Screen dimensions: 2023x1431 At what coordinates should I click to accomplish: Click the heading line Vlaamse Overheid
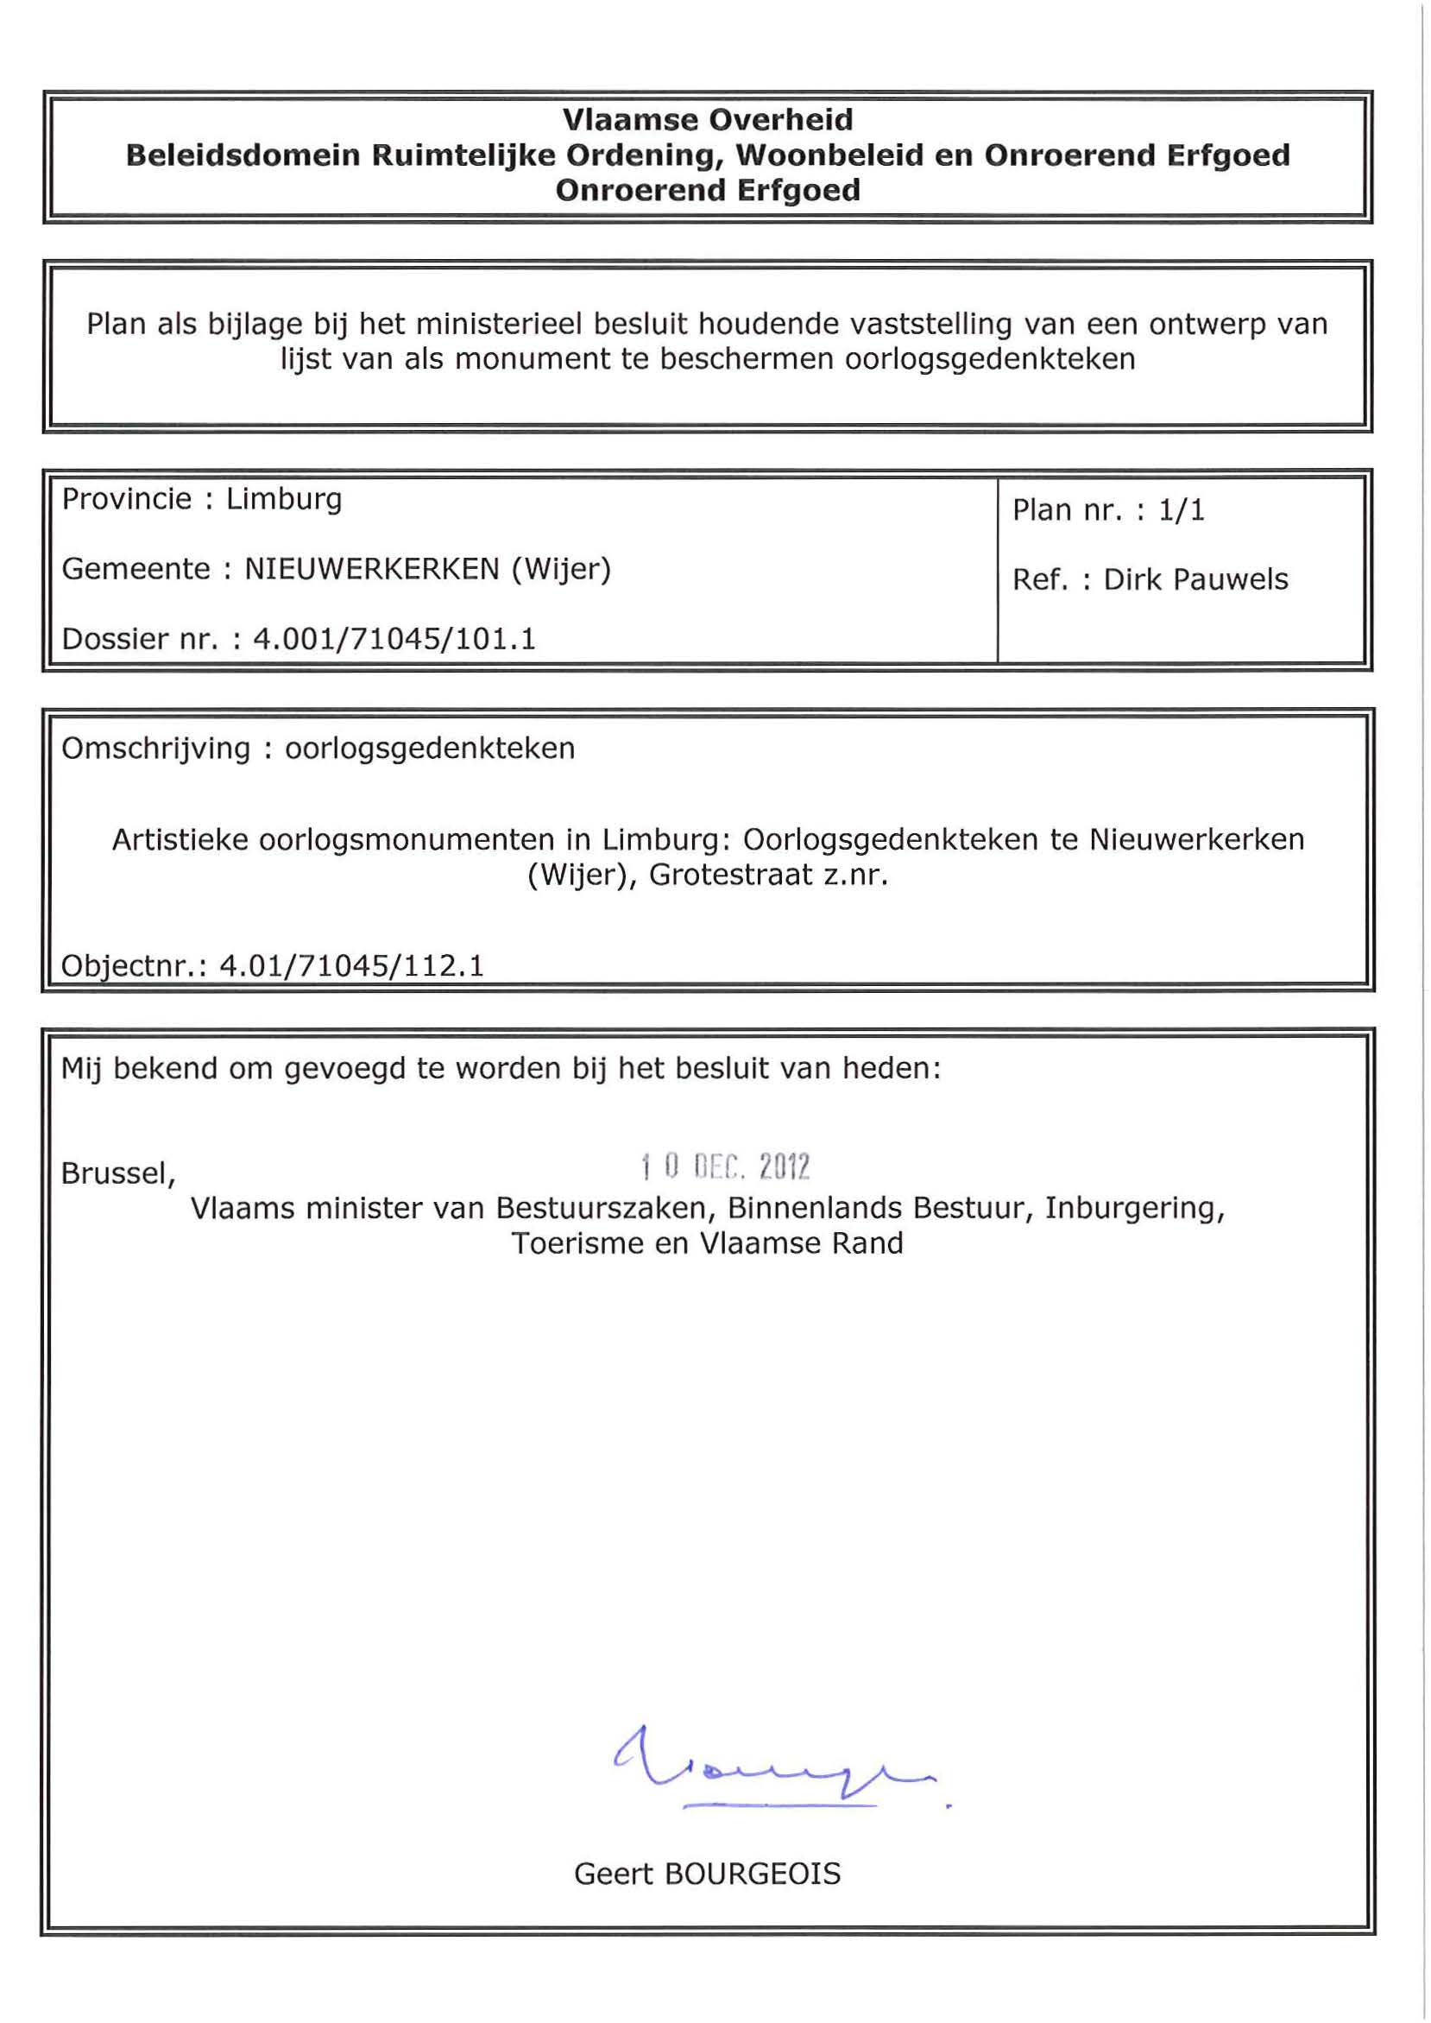tap(708, 120)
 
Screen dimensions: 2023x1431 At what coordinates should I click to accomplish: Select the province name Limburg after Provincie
tap(284, 500)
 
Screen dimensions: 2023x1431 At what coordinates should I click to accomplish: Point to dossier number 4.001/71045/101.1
tap(394, 638)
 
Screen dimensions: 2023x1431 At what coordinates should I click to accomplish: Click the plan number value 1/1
tap(1181, 510)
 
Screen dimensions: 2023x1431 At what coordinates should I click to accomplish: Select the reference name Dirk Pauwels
tap(1195, 579)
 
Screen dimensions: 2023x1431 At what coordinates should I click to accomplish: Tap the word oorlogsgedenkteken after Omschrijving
tap(429, 749)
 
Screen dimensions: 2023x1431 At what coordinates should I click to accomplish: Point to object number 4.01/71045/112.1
tap(351, 966)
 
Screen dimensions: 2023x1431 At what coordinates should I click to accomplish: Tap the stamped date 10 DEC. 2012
tap(724, 1167)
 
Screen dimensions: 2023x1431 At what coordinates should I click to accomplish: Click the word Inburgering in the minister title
tap(1134, 1208)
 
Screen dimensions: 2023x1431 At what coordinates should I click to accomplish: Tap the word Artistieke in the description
tap(180, 840)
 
